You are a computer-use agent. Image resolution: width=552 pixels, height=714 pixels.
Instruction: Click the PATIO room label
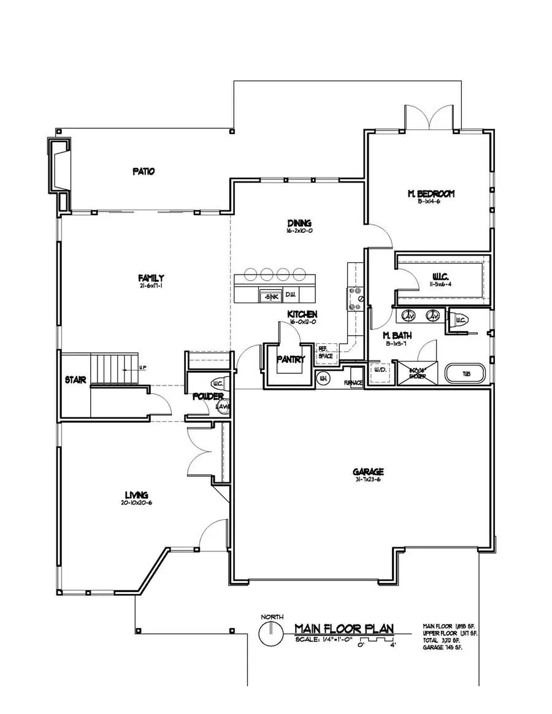click(x=143, y=172)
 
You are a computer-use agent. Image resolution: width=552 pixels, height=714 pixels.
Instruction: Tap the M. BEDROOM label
click(x=431, y=194)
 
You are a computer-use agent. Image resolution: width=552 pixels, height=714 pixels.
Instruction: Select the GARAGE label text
click(x=368, y=471)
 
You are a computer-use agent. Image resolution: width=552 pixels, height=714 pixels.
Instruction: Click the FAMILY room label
click(x=150, y=278)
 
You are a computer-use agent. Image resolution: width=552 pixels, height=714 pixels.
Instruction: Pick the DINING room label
click(x=299, y=223)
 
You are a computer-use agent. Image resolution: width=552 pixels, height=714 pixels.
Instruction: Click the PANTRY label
click(x=291, y=360)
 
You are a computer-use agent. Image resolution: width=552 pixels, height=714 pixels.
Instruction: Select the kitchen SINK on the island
click(x=270, y=296)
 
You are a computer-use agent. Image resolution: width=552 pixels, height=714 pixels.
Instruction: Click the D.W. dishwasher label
click(x=291, y=296)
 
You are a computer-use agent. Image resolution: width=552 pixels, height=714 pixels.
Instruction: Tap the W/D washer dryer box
click(x=376, y=371)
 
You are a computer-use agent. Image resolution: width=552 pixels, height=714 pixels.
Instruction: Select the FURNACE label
click(x=353, y=383)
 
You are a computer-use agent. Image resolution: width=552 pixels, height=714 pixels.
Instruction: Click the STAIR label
click(x=75, y=379)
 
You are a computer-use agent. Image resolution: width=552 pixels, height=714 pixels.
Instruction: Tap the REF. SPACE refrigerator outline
click(x=324, y=352)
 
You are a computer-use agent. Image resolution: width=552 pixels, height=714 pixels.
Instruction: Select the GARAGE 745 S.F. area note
click(x=442, y=648)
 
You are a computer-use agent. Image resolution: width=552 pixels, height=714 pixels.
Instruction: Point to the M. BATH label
click(x=396, y=336)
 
